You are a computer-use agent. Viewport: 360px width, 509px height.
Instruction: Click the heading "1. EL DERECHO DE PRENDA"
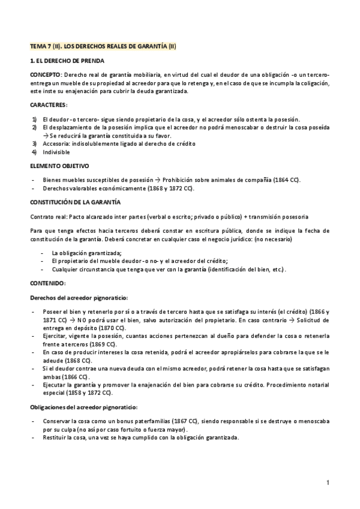67,61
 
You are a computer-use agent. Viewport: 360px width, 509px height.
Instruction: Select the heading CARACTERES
49,104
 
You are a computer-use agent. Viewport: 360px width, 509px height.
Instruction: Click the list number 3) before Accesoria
35,145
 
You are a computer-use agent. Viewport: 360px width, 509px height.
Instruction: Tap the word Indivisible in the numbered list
56,152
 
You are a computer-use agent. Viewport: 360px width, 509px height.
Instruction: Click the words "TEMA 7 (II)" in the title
47,46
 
